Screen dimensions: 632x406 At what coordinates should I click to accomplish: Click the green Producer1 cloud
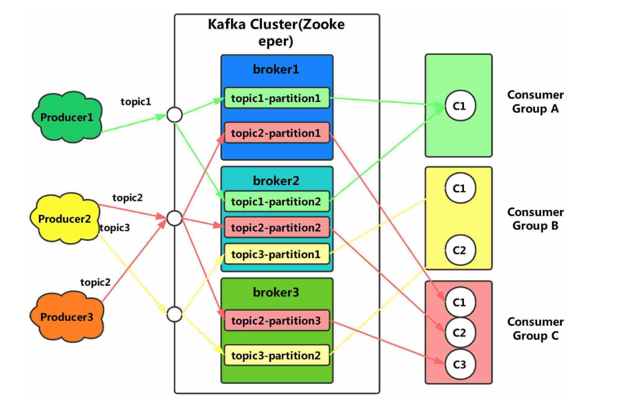67,117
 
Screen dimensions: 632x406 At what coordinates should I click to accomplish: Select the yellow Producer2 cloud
64,219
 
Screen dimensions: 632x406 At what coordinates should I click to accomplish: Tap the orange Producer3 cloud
67,317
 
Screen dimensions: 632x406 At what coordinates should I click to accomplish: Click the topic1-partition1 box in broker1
277,98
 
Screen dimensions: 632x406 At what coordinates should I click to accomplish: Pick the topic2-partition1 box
277,133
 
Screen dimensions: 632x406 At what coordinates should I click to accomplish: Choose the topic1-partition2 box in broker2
277,202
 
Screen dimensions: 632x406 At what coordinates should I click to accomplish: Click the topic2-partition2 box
277,228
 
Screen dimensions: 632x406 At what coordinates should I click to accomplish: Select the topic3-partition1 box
277,254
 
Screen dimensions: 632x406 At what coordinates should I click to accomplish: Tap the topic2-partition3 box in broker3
277,321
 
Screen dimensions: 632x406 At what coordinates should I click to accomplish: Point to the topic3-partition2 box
277,355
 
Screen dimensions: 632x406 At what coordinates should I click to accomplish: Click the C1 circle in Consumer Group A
460,106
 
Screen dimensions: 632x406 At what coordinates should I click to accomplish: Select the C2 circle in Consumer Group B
460,250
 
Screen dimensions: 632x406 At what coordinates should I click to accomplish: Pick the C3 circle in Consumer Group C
460,364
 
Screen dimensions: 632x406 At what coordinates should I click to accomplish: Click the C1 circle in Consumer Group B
460,188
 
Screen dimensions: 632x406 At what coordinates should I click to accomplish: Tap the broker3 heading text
276,292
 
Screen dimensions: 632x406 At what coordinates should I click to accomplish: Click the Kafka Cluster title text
276,32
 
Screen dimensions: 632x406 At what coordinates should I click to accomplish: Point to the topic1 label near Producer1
136,102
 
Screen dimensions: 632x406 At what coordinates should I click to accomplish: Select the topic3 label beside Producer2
115,228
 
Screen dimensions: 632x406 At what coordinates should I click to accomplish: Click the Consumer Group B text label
536,219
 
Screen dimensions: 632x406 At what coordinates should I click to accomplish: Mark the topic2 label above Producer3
95,282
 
